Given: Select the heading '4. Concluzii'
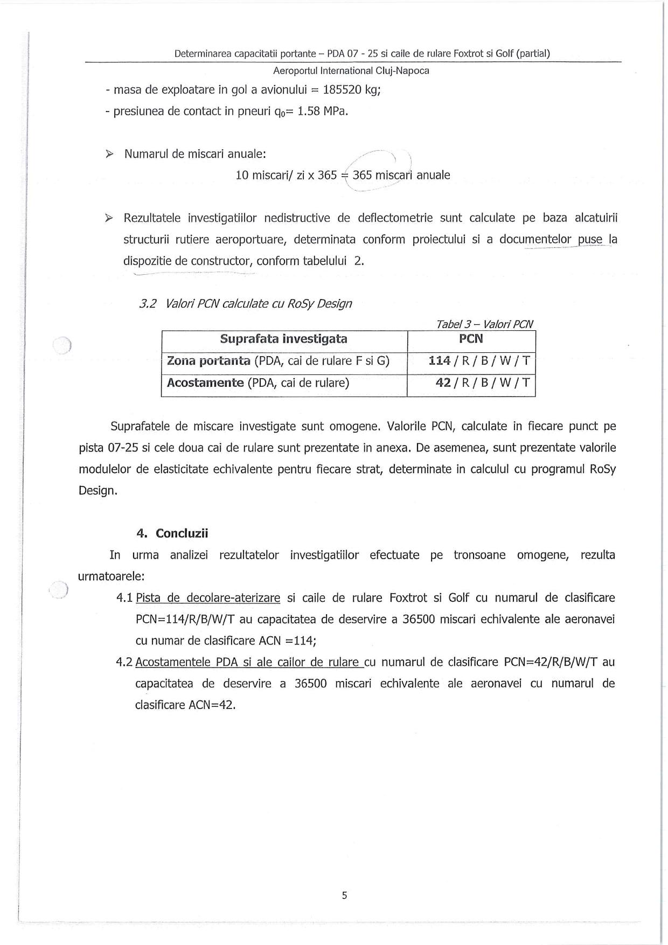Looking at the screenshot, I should click(x=172, y=533).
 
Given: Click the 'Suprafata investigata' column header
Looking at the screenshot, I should click(x=283, y=339).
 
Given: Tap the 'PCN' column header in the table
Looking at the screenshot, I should click(x=471, y=339).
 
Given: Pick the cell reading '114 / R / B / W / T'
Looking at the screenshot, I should click(x=479, y=361).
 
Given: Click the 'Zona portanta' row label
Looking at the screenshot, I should click(x=208, y=361).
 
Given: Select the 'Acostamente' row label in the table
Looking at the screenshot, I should click(x=205, y=383).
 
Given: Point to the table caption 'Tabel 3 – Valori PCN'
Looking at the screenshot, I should click(x=484, y=324).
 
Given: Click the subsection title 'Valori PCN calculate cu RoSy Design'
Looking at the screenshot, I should click(x=259, y=303).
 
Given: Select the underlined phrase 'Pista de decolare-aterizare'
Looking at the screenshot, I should click(x=208, y=598).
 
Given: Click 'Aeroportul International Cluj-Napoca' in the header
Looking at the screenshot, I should click(x=351, y=71).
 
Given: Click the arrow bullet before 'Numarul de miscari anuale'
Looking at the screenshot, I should click(x=109, y=154).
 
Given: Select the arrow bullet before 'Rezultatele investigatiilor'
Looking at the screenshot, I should click(x=109, y=218).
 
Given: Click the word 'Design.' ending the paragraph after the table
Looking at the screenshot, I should click(x=98, y=491).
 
